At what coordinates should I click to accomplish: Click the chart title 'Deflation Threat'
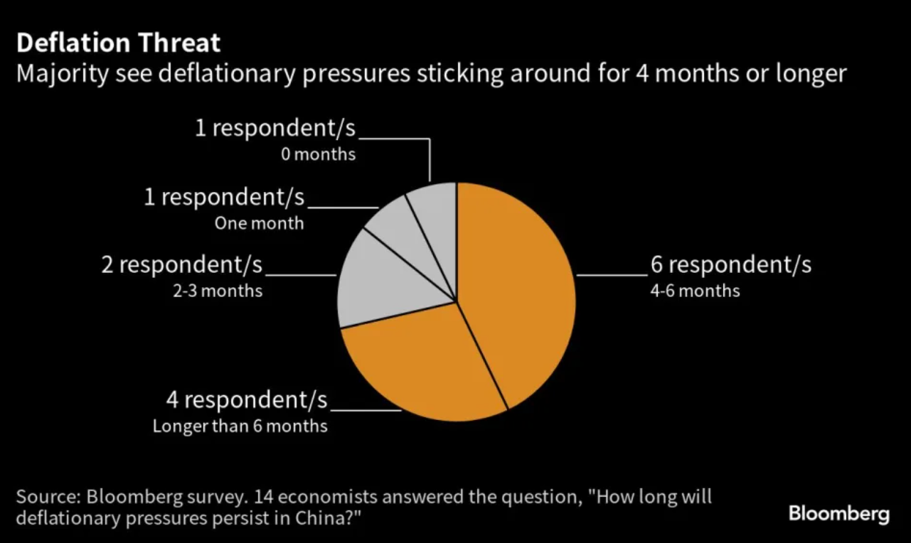118,43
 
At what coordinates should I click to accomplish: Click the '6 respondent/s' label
731,264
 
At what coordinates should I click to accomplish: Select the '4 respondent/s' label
247,399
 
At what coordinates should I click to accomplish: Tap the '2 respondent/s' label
182,264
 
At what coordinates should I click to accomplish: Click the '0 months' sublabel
319,154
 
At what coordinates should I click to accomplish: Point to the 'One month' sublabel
259,223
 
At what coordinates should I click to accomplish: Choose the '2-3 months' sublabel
218,291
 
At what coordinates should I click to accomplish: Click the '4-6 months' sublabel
695,291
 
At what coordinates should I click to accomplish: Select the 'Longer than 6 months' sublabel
240,426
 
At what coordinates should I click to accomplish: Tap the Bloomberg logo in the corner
839,515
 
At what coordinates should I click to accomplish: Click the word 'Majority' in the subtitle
63,75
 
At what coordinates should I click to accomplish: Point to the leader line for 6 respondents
612,275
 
